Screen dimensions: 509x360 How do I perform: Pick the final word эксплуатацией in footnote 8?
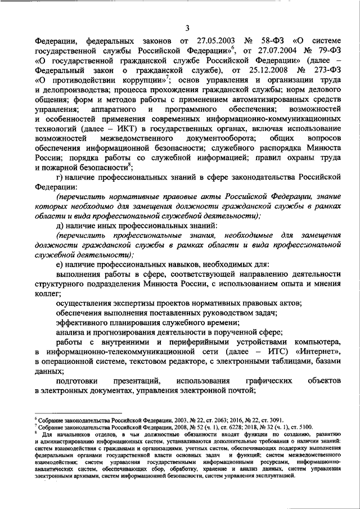tap(272, 476)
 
